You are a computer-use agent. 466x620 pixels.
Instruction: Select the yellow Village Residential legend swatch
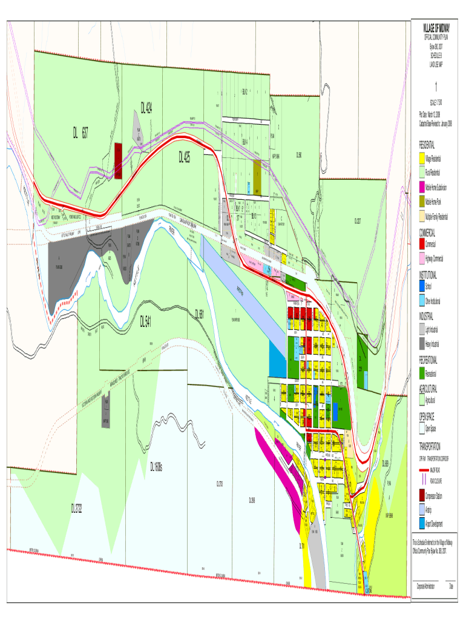coord(421,158)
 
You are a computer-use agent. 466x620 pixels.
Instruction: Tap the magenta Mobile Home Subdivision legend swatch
coord(421,187)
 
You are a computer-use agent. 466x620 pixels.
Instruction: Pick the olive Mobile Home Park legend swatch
coord(421,201)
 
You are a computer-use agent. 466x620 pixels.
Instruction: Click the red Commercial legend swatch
coord(421,244)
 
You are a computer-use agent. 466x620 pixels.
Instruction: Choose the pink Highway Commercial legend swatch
coord(421,259)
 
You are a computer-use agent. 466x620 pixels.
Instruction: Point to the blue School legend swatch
coord(421,286)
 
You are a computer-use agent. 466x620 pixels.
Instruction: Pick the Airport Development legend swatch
coord(421,524)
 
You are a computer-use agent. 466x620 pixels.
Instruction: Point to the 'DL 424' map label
coord(146,108)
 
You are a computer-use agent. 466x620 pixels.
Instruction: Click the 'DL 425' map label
coord(185,157)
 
